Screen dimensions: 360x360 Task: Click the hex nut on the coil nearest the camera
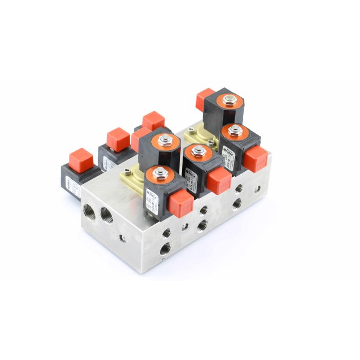pos(159,173)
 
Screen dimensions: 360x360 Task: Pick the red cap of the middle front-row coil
pos(220,181)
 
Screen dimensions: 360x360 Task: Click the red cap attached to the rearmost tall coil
pos(205,96)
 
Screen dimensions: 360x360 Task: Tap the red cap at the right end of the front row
pos(255,158)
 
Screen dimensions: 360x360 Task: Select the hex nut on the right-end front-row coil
pos(236,131)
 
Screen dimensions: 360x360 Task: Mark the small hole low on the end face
pos(123,238)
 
